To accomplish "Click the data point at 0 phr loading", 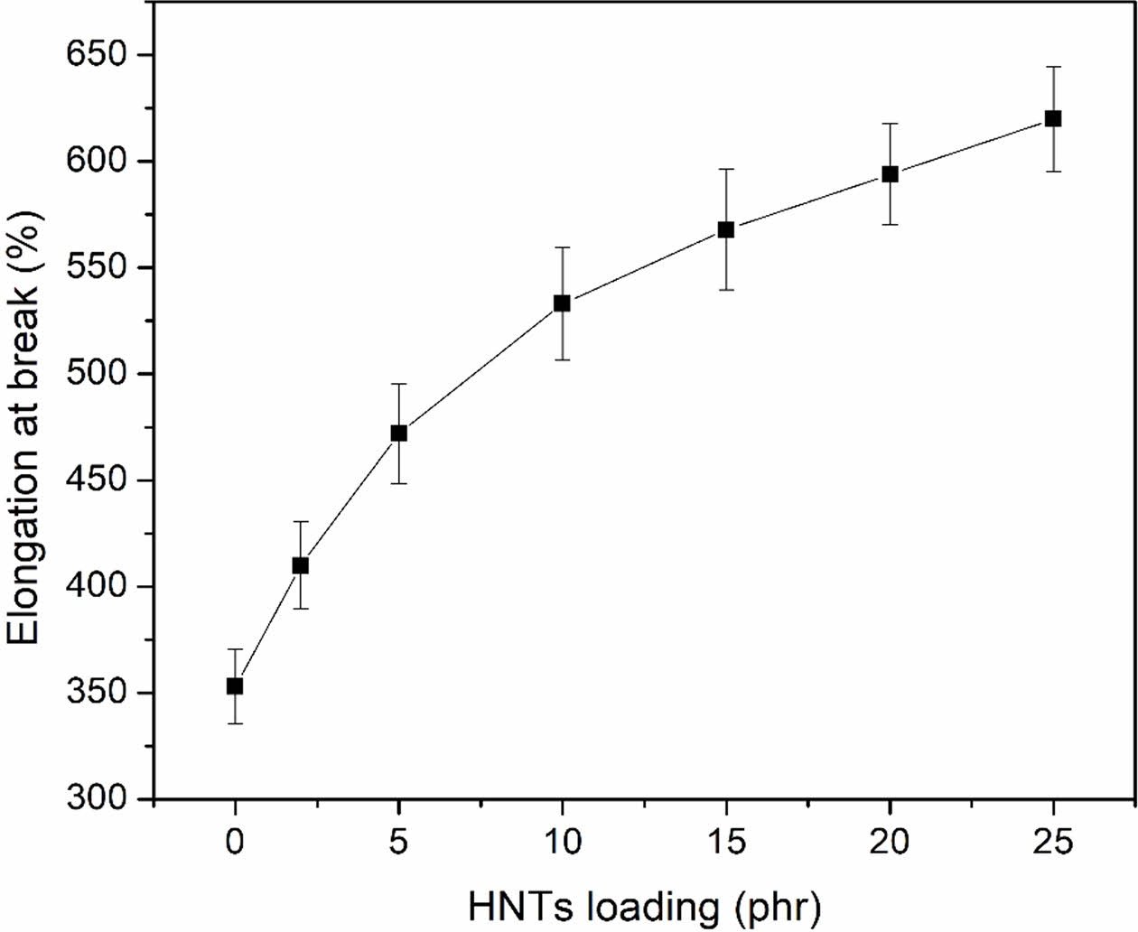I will (235, 686).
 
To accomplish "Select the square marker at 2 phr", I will (301, 565).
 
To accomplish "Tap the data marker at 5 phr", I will (398, 433).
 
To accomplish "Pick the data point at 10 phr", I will (562, 303).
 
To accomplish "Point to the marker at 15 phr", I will (725, 230).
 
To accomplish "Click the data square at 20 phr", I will (890, 174).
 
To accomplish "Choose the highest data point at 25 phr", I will (1053, 118).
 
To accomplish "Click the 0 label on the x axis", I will (235, 843).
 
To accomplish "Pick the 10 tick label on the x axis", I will (562, 843).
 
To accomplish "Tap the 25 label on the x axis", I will (1053, 843).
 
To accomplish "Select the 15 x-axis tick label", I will (725, 843).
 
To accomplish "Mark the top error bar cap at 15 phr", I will (725, 169).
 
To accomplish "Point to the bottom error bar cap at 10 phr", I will (562, 360).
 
